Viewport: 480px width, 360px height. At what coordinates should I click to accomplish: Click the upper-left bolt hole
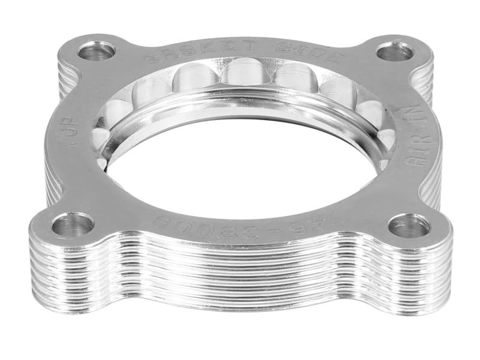coord(96,50)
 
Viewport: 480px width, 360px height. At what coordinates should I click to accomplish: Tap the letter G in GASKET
coord(151,58)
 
